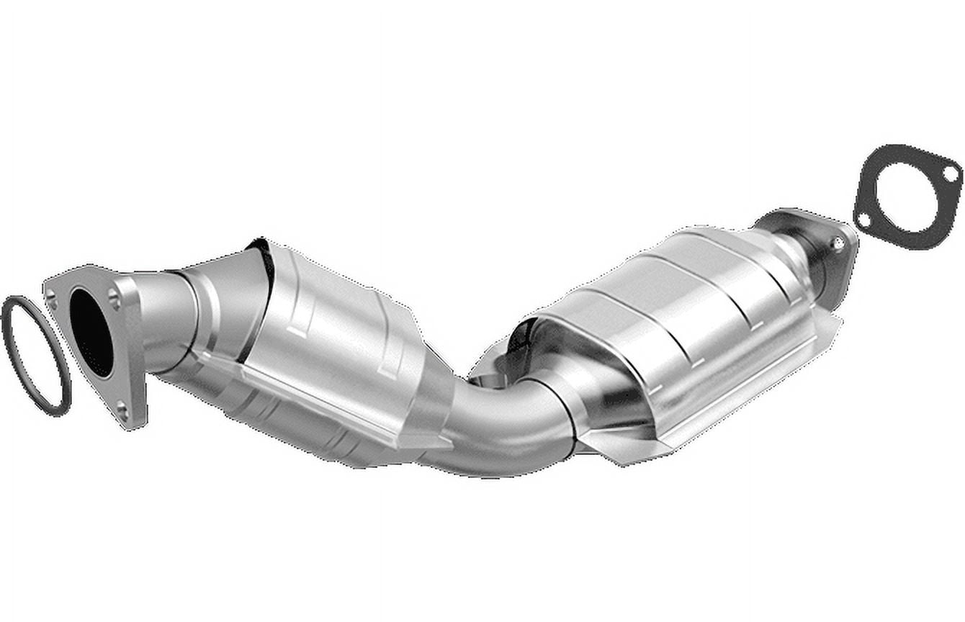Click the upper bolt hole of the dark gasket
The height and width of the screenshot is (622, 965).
tap(950, 173)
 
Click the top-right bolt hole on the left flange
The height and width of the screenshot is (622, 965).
tap(115, 295)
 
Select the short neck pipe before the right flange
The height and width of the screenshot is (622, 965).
tap(799, 248)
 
